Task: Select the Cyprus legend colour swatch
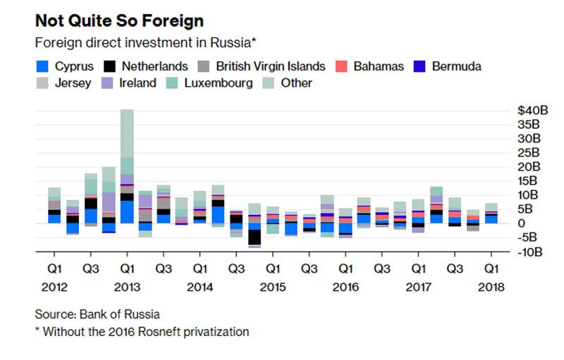[42, 67]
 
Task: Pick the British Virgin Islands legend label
[271, 67]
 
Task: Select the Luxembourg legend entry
[217, 83]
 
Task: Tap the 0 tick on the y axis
[522, 223]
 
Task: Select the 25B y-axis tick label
[530, 153]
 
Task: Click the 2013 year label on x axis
[127, 287]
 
